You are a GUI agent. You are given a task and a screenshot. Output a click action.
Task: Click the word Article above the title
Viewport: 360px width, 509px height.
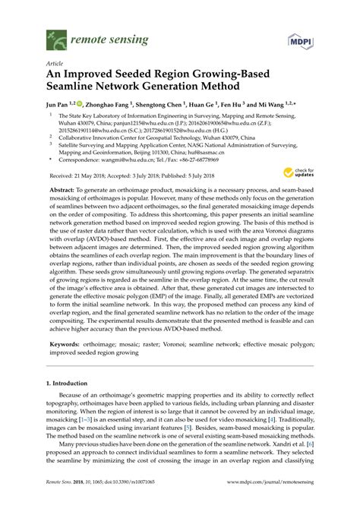tap(55, 65)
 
